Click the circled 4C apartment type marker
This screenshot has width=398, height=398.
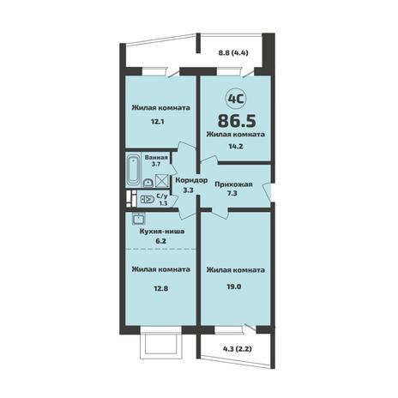click(x=236, y=99)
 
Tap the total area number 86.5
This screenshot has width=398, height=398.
click(x=237, y=121)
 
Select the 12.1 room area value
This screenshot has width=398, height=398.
click(x=158, y=122)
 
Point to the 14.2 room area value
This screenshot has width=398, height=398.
click(x=236, y=147)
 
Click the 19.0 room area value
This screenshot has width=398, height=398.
click(x=233, y=286)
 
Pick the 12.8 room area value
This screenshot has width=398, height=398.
click(x=160, y=288)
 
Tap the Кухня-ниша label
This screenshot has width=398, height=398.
click(x=162, y=232)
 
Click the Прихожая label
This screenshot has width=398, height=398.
click(x=233, y=184)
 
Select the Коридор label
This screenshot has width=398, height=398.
click(x=191, y=180)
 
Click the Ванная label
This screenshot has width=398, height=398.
click(x=156, y=158)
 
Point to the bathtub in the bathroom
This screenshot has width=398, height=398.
click(x=134, y=171)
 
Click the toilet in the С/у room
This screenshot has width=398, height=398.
click(x=148, y=199)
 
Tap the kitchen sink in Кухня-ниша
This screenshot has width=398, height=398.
click(x=139, y=219)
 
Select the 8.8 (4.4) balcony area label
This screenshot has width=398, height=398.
click(x=233, y=52)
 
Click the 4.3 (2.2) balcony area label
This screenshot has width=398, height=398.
click(x=238, y=349)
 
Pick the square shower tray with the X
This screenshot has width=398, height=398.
click(x=161, y=180)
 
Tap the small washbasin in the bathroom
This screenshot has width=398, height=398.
click(x=148, y=183)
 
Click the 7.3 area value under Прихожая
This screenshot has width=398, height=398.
click(x=232, y=194)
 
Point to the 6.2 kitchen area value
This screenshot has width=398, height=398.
click(x=160, y=241)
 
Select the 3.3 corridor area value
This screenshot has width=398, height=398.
click(x=188, y=190)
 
